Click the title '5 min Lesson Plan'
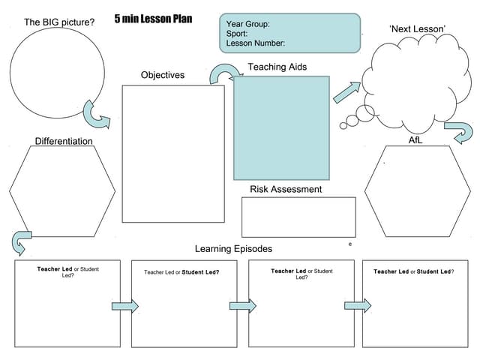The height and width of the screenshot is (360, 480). [153, 19]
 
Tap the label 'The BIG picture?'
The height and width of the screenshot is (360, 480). [59, 22]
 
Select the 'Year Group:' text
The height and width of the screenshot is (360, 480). [248, 24]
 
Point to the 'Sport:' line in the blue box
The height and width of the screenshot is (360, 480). [238, 34]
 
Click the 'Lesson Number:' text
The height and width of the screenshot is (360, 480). [256, 43]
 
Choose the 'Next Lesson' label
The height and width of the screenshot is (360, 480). [418, 28]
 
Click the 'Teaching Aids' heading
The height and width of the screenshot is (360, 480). [277, 67]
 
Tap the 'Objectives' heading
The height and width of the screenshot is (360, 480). [163, 75]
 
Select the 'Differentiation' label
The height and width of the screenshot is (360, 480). [64, 141]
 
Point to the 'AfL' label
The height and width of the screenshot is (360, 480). [415, 140]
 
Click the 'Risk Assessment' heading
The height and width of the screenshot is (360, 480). [286, 189]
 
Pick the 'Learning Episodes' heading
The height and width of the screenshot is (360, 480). [233, 248]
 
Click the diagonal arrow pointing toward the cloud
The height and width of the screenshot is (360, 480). [346, 92]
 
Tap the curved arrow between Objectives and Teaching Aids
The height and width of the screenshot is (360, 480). [223, 73]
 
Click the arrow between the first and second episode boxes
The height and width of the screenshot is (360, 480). [125, 305]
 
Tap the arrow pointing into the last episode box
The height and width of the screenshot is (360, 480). [358, 305]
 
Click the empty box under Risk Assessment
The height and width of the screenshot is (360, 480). [298, 217]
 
